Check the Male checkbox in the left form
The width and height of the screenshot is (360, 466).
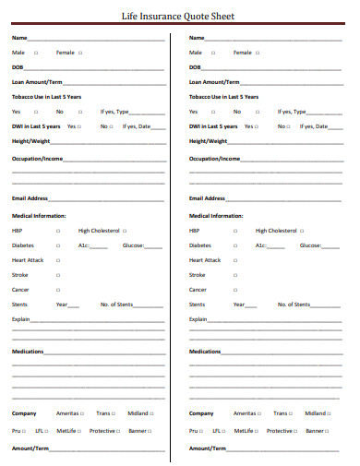pos(36,53)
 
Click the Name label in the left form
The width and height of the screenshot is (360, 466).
pos(18,38)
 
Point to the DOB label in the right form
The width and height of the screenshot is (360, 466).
pos(195,67)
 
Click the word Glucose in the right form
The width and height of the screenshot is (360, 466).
pos(309,245)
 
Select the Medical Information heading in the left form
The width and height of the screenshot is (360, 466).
pos(39,215)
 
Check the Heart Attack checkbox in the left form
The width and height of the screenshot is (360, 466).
pos(58,260)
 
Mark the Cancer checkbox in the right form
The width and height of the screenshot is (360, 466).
pos(236,290)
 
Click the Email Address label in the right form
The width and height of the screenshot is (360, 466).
pos(207,198)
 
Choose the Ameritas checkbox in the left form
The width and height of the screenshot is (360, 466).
pos(82,413)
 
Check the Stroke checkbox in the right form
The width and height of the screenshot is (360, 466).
pos(236,275)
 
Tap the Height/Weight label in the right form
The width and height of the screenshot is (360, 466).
pos(208,141)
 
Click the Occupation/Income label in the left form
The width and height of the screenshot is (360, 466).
pos(37,159)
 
